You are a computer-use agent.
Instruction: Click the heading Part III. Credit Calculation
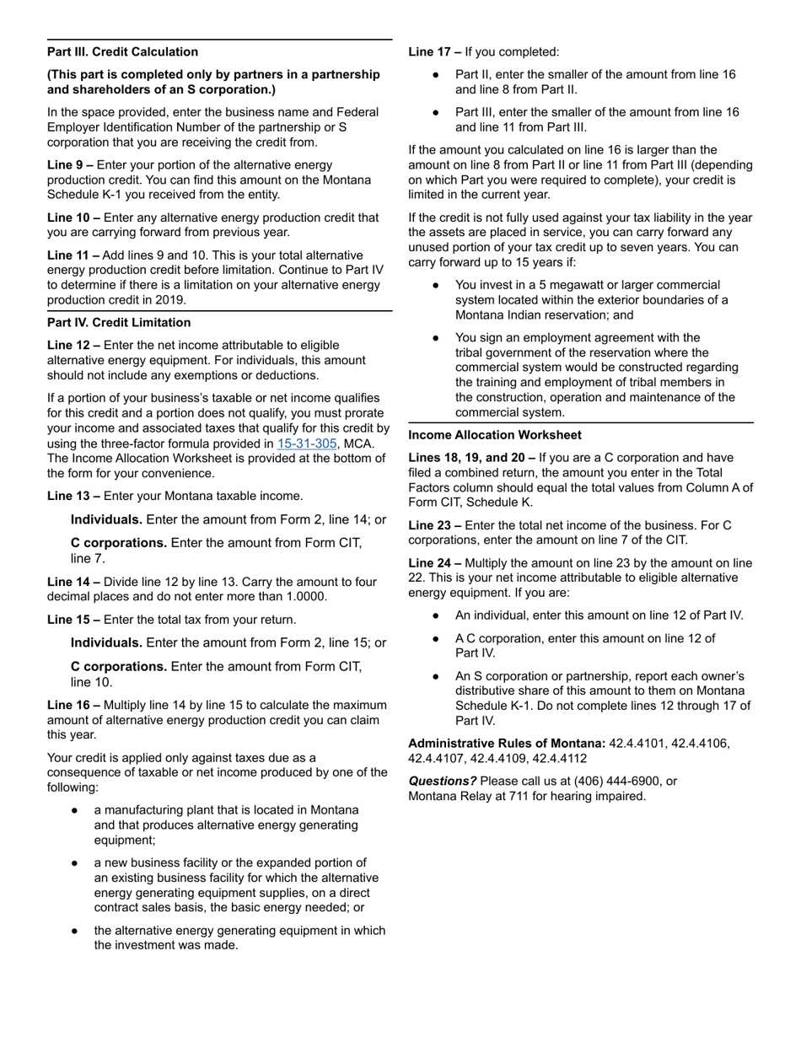(x=123, y=52)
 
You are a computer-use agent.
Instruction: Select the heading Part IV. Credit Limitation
(x=119, y=323)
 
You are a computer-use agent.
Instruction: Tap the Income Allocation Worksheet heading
(x=495, y=435)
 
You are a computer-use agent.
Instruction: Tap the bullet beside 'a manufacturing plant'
(x=76, y=810)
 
